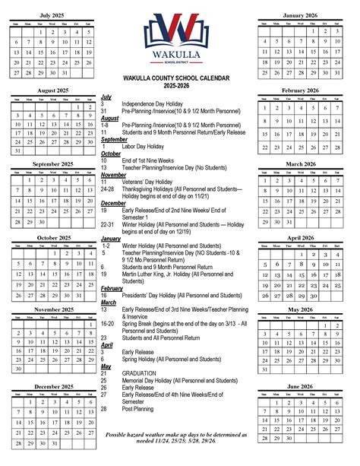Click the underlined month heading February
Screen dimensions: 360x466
(112, 288)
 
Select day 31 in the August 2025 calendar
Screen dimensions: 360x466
(17, 151)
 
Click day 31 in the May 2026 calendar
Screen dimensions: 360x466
(265, 369)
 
